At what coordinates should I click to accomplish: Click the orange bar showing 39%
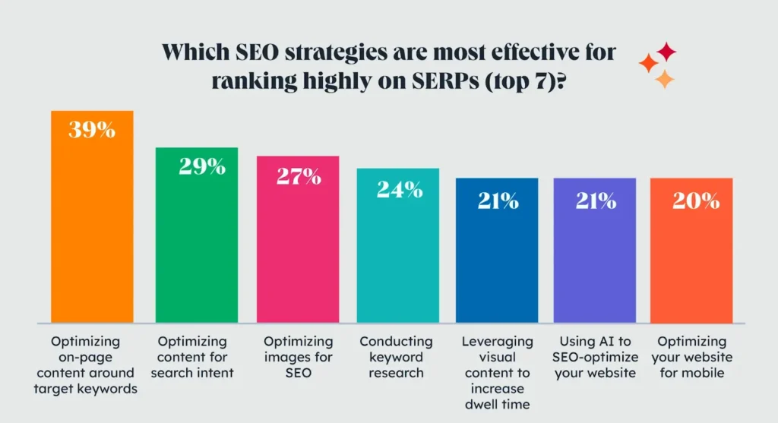click(92, 228)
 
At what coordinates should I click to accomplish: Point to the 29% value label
click(202, 167)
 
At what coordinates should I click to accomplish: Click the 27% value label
click(298, 177)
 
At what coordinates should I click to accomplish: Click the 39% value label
click(92, 130)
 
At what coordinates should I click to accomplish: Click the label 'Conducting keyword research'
click(396, 357)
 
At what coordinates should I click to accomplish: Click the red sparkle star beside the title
click(666, 52)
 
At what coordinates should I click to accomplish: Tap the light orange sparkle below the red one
click(664, 79)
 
